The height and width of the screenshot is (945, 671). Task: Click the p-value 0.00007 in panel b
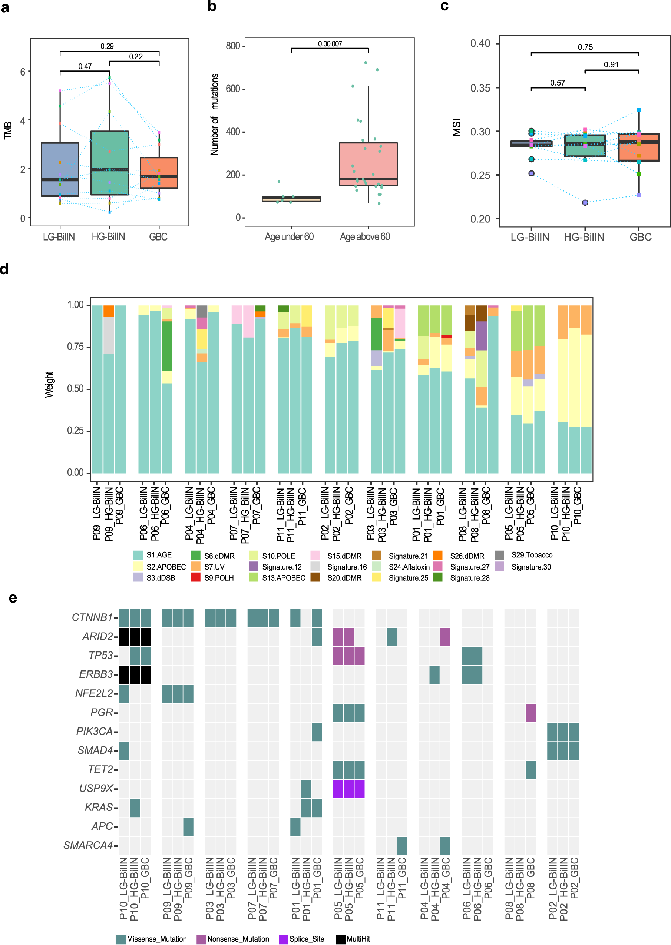[x=330, y=44]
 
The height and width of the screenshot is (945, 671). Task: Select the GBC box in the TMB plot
[x=159, y=172]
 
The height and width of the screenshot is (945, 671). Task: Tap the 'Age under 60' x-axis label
[x=289, y=237]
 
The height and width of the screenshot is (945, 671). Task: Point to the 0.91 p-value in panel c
[x=611, y=64]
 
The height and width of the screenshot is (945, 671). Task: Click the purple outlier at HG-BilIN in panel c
[x=585, y=202]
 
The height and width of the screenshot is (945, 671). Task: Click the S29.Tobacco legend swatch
[x=499, y=555]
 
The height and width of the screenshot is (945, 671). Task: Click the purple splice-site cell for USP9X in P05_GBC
[x=360, y=789]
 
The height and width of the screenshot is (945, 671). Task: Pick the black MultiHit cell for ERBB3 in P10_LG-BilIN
[x=124, y=674]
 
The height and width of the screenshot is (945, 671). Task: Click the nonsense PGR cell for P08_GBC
[x=530, y=713]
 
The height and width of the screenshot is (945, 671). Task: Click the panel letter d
[x=4, y=269]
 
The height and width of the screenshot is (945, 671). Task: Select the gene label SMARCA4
[x=88, y=845]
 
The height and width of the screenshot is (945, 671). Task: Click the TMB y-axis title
[x=7, y=130]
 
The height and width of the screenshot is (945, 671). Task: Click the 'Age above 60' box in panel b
[x=368, y=164]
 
